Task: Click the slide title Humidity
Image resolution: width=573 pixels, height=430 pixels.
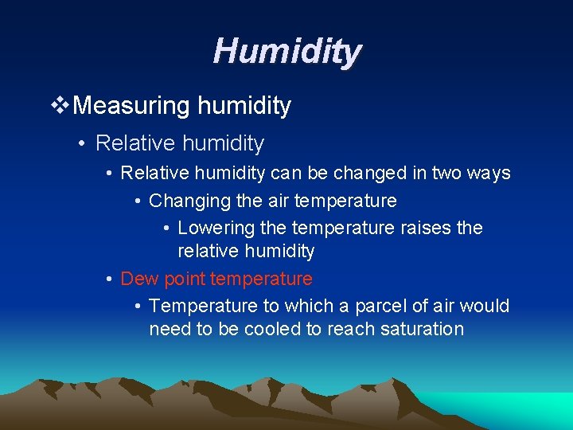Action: pos(286,52)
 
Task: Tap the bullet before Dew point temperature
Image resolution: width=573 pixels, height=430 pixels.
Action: pos(109,279)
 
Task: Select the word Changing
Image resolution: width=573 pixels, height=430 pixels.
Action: pos(186,201)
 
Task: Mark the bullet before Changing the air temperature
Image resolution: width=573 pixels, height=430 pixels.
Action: pos(138,201)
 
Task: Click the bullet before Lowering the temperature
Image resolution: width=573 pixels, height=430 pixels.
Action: pos(166,229)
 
